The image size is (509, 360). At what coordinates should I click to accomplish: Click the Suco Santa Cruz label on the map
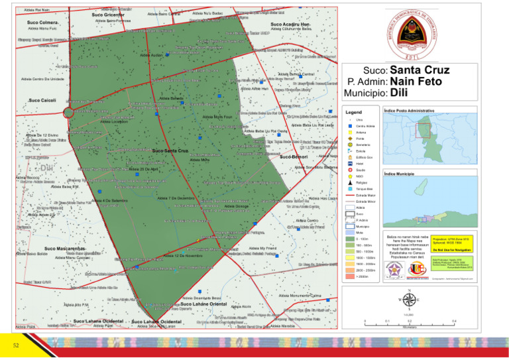coord(170,151)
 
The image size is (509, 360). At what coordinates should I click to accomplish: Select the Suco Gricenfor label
coord(108,14)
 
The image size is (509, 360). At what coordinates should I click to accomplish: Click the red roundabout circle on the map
coord(68,112)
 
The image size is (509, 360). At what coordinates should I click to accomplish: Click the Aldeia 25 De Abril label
coord(144,169)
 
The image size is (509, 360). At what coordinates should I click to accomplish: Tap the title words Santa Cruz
coord(420,70)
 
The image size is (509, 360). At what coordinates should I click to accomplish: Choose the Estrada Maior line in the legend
coord(350,196)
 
